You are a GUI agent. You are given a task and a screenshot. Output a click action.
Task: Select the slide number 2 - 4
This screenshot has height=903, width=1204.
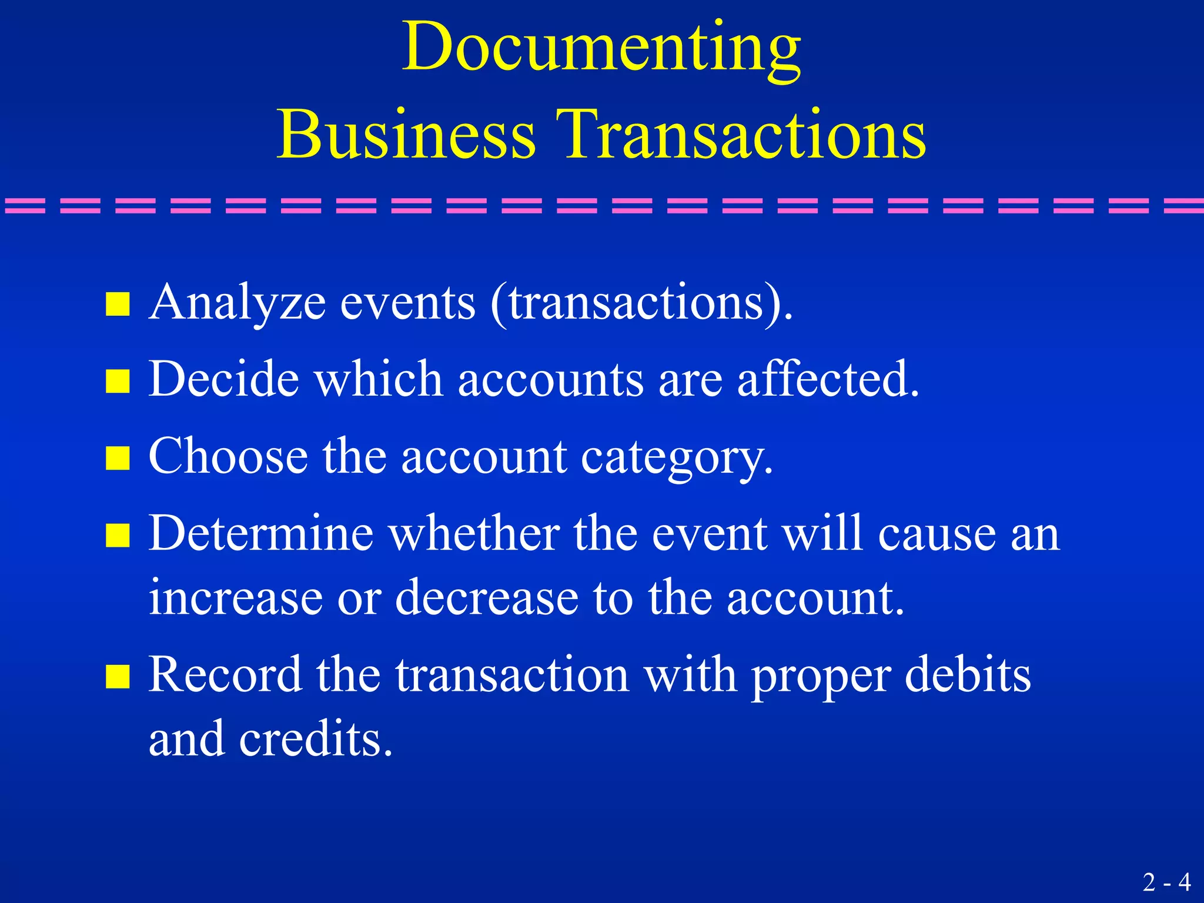click(1166, 882)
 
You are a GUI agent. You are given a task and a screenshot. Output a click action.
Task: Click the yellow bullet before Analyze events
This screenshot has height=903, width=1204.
click(118, 305)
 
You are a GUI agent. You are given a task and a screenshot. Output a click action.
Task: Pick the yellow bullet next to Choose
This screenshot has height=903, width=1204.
click(118, 458)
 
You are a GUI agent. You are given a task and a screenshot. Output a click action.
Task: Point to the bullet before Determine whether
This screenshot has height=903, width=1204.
click(118, 535)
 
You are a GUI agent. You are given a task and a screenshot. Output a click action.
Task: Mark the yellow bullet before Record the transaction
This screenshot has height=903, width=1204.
click(118, 676)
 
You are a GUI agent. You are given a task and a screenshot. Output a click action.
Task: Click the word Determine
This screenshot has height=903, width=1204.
click(261, 534)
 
